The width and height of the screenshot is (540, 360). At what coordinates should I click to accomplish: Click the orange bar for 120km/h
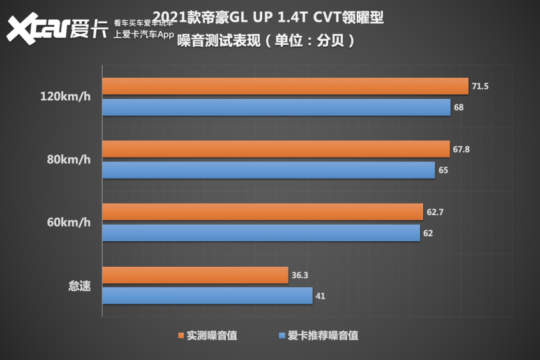point(285,86)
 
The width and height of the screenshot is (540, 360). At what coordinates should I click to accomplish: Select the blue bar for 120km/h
point(276,107)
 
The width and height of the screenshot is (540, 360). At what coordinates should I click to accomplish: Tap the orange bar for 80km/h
point(276,149)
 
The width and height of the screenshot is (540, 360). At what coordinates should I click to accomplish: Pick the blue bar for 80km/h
point(269,170)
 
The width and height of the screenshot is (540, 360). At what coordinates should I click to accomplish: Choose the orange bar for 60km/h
point(262,212)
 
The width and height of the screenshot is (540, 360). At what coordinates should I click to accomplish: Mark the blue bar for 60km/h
point(261,233)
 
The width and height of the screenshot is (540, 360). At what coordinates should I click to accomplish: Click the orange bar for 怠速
point(195,275)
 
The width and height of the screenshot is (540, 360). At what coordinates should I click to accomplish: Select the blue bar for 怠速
point(207,296)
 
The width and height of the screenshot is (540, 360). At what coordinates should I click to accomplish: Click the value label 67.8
point(461,149)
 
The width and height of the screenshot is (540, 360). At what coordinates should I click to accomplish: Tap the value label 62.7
point(434,212)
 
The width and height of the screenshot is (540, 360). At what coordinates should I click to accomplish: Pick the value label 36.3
point(299,275)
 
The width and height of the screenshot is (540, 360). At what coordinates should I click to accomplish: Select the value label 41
point(320,296)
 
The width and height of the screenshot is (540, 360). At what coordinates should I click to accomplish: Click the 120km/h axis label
point(65,97)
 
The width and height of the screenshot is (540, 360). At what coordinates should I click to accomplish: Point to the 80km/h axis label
point(68,160)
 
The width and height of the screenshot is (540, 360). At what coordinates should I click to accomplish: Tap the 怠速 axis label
point(79,285)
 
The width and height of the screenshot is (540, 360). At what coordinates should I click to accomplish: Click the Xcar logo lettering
point(38,29)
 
